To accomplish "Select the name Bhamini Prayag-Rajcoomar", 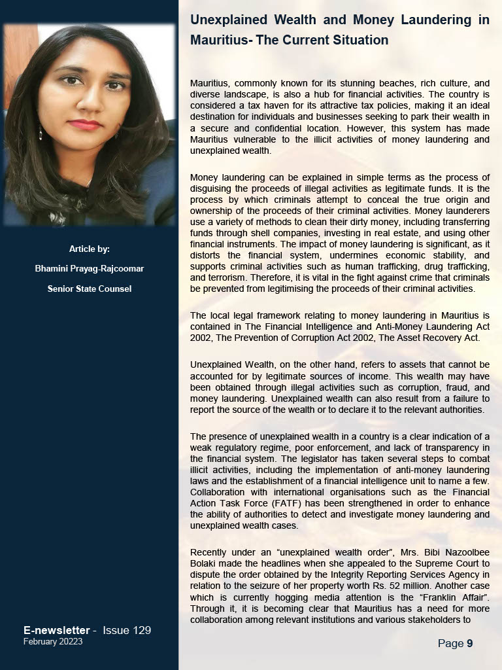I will pyautogui.click(x=90, y=268).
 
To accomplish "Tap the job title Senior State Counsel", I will pyautogui.click(x=90, y=289).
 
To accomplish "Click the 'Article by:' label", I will pyautogui.click(x=90, y=249).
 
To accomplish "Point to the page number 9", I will pyautogui.click(x=469, y=644).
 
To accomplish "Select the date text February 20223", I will pyautogui.click(x=53, y=642).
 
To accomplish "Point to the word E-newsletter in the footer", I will pyautogui.click(x=57, y=630).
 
